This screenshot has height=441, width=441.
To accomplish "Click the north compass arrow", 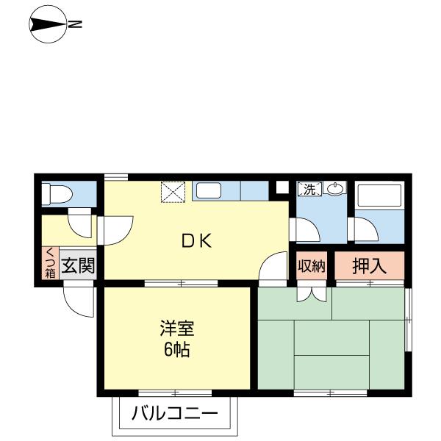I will pos(47,24).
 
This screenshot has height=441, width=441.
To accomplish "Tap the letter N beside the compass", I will pos(76,24).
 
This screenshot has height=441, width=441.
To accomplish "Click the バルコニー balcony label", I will pos(175,414).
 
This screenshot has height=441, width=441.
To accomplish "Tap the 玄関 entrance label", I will pos(78,265).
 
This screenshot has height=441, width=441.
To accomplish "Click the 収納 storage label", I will pos(311,266).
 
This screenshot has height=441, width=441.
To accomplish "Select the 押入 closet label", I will pos(369,266).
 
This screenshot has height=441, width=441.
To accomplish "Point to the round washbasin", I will pos(335,189).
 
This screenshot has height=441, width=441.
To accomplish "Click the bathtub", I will pos(378,196).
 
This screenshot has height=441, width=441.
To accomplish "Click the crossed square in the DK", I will pos(175,191).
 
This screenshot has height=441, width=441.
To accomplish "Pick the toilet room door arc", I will pos(78,220).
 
